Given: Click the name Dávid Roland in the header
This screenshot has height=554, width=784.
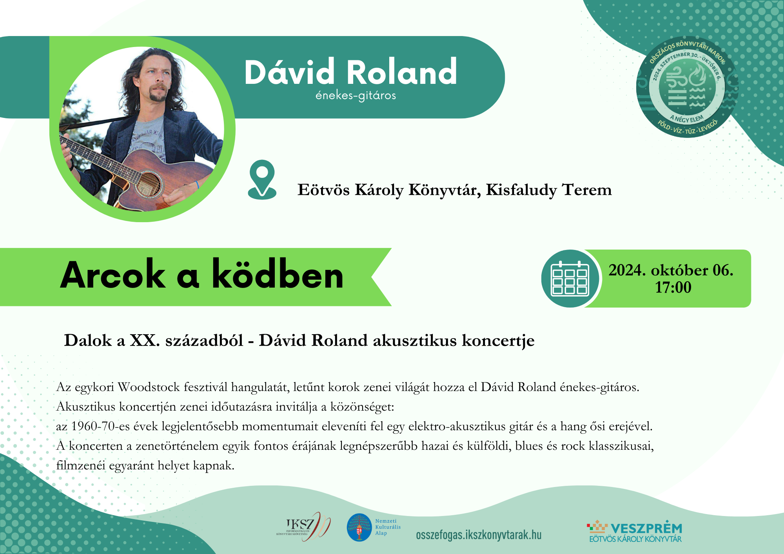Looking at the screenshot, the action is (351, 72).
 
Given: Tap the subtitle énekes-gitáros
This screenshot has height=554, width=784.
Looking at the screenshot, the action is (356, 96).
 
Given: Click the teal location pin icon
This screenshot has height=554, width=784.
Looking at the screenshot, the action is (262, 179).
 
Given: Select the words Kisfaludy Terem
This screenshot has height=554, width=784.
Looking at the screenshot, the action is (549, 190).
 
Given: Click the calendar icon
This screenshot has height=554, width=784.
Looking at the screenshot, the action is (570, 279).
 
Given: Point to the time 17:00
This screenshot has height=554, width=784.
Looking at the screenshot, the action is (673, 288).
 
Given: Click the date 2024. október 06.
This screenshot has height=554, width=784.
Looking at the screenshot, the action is (671, 270).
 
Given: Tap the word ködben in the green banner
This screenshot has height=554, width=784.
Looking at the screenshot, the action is (278, 274).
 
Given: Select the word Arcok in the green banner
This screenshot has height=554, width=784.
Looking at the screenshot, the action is (113, 275).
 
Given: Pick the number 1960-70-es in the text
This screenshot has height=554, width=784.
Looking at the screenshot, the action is (100, 426).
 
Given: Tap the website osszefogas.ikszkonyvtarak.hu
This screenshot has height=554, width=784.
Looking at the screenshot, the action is (479, 535).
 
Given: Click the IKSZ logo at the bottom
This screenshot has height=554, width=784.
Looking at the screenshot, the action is (303, 527).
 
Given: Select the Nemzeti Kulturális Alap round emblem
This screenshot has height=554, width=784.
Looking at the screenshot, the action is (359, 527).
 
